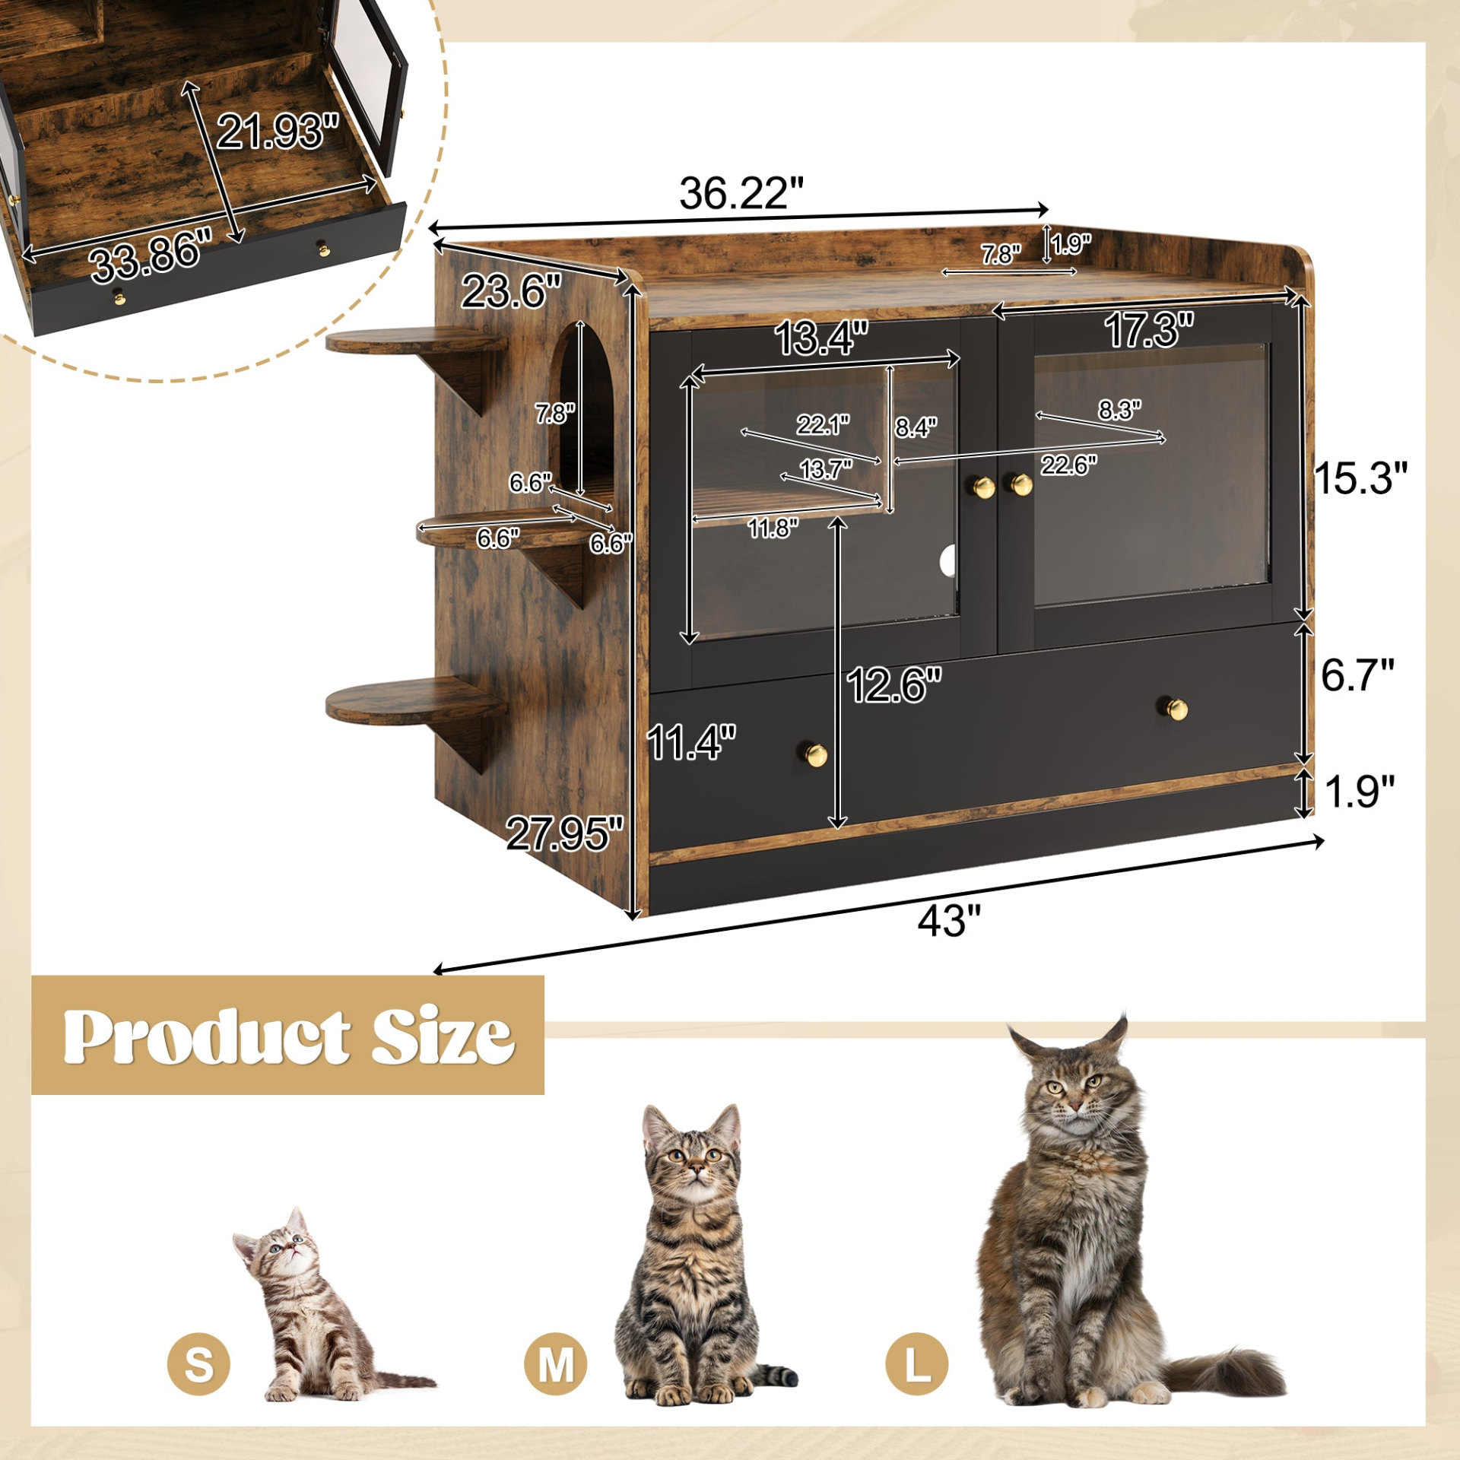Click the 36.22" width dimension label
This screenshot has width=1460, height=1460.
point(741,193)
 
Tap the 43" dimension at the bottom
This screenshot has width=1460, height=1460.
point(949,922)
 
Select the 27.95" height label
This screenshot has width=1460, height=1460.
point(564,833)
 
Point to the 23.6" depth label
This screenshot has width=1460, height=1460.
point(511,291)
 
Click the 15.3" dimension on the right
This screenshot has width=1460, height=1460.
point(1360,478)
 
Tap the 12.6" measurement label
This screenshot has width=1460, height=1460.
point(893,684)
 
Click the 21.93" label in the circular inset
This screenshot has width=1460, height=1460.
point(278,131)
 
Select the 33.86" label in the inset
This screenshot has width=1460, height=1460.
point(151,255)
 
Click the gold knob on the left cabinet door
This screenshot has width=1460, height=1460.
point(984,487)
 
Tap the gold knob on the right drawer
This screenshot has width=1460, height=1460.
point(1177,709)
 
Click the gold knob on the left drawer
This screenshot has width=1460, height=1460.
point(816,754)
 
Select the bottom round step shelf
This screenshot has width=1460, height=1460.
point(414,700)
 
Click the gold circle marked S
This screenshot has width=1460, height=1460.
point(198,1363)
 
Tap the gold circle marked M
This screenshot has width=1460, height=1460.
point(555,1363)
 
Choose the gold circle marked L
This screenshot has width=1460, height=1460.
point(917,1363)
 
